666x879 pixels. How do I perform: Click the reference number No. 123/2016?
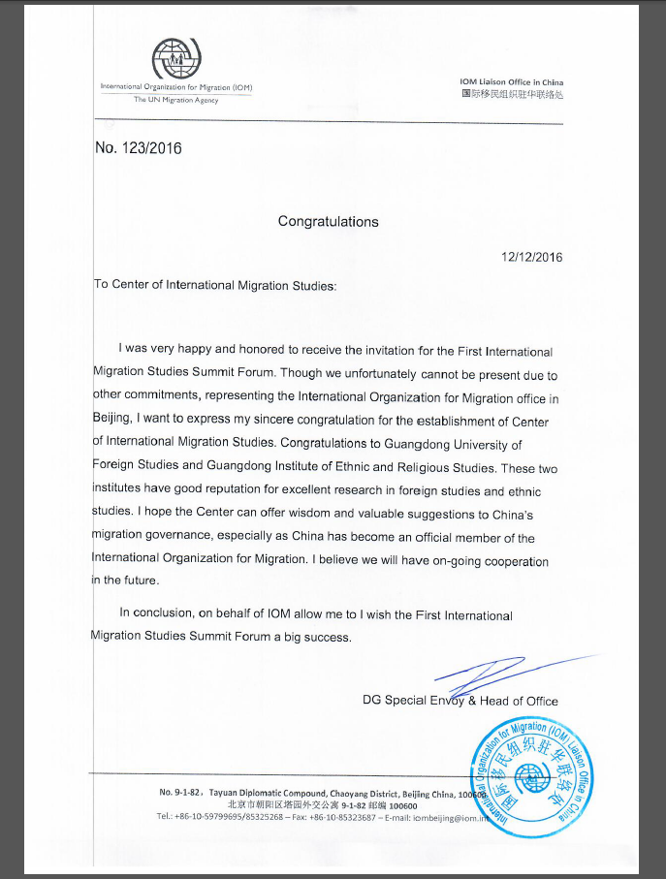(x=138, y=149)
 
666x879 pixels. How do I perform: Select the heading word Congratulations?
(x=328, y=221)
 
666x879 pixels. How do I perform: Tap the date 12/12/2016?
(x=531, y=258)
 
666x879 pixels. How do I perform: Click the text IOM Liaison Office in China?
(x=511, y=82)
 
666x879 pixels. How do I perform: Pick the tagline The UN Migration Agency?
(x=175, y=100)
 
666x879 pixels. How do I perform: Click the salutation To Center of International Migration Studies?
(x=214, y=285)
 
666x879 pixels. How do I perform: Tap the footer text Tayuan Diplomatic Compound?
(x=265, y=793)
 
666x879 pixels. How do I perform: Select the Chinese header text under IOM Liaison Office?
(x=511, y=94)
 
